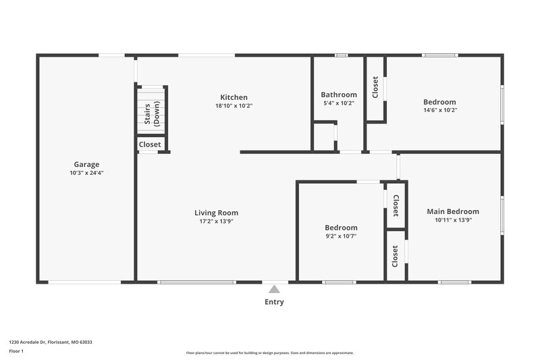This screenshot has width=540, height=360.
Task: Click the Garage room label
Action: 86,164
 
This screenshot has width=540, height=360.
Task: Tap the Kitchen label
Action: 234,97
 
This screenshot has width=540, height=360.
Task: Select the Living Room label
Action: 216,213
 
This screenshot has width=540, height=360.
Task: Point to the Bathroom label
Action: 339,95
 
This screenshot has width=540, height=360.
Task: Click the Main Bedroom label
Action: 453,211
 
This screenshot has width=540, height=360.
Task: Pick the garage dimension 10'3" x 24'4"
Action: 86,173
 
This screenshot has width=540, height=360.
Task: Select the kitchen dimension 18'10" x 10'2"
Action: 234,106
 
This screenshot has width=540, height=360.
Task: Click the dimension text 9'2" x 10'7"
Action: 341,236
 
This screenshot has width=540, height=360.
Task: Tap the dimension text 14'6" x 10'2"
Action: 440,110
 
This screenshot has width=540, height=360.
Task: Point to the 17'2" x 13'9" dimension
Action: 216,222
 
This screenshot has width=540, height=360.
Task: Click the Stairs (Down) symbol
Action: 152,111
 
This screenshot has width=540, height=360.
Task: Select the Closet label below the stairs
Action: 150,145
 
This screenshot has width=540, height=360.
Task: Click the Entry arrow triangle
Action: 273,288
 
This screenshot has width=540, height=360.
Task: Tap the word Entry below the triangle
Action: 273,302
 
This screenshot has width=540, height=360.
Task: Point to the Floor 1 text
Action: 16,351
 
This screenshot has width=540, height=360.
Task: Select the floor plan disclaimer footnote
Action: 269,353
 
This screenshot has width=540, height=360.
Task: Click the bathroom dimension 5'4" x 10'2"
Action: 339,103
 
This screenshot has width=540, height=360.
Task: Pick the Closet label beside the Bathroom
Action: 375,87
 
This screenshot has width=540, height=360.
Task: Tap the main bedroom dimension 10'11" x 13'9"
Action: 453,220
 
